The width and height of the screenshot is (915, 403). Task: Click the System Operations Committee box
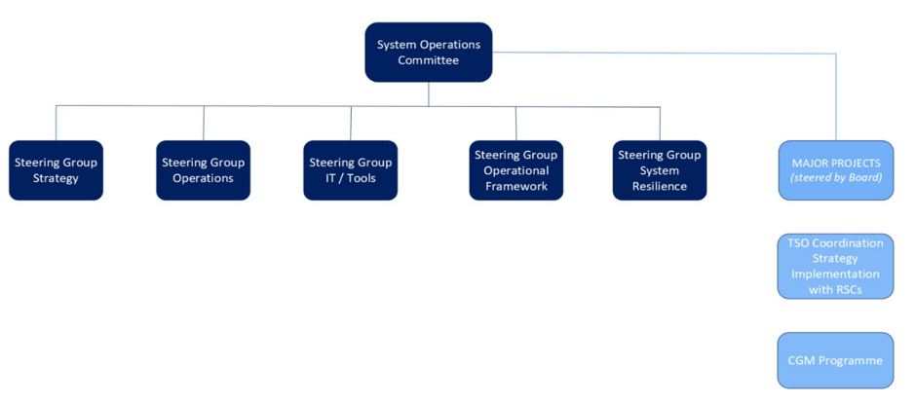coord(428,53)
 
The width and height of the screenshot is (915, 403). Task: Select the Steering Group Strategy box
coord(56,170)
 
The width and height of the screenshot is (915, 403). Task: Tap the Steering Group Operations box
coord(203,170)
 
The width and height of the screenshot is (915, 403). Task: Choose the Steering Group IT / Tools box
coord(350,170)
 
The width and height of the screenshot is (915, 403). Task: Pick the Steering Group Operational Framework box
coord(515,170)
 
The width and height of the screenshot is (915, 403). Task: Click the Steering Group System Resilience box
coord(660,170)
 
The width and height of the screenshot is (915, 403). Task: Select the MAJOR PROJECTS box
coord(835,170)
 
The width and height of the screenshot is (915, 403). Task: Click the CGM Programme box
coord(835,360)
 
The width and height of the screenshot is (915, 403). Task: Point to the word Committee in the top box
coord(428,60)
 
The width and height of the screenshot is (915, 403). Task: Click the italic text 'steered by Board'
coord(836,178)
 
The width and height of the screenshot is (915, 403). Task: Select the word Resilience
coord(660,187)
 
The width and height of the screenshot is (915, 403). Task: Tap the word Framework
coord(515,187)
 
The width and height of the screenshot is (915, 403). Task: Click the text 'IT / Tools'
coord(350,179)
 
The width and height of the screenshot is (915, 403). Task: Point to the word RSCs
coord(850,290)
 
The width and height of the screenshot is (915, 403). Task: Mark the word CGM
coord(803,360)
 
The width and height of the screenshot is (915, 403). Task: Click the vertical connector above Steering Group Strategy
coord(56,123)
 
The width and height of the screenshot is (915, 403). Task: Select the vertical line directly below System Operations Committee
coord(428,93)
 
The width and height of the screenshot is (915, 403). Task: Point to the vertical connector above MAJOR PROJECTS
coord(836,97)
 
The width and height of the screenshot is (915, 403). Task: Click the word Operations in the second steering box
coord(203,179)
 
